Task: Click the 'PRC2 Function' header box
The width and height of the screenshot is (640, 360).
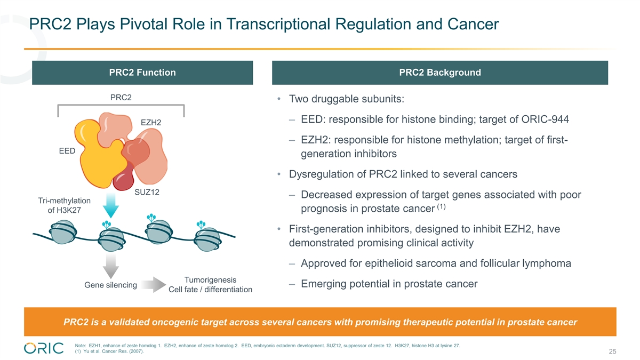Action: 142,73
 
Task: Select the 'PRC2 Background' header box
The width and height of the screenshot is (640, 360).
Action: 439,73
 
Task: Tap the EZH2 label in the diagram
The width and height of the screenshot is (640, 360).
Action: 151,123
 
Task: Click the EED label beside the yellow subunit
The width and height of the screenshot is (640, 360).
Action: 67,151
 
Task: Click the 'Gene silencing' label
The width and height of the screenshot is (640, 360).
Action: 110,285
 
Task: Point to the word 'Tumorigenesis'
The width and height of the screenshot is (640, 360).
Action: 210,280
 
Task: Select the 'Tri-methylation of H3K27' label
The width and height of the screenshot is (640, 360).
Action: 64,205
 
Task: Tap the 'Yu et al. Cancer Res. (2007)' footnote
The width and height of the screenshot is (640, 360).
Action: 110,350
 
